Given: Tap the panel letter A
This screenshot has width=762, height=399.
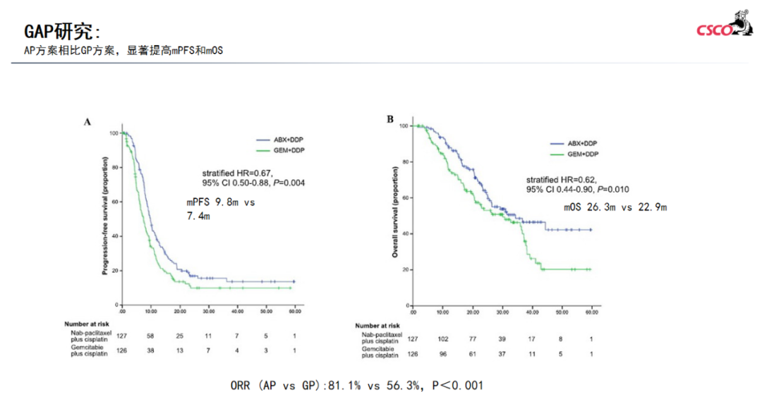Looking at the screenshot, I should tap(88, 122).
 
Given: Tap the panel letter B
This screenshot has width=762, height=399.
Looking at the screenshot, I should tap(390, 119).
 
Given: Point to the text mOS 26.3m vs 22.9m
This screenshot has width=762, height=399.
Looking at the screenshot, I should tap(615, 207).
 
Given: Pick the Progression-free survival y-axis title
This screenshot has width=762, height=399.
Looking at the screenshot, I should tap(105, 219).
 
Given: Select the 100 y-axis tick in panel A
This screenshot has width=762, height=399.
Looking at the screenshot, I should tap(114, 133).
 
